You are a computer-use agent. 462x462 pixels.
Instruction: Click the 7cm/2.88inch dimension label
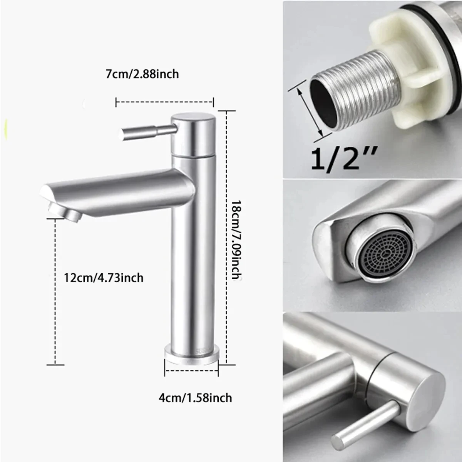(142, 74)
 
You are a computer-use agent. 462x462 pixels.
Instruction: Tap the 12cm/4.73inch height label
(104, 277)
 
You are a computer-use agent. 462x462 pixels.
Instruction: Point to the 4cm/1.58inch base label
(195, 397)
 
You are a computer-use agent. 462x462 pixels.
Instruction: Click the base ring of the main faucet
(191, 353)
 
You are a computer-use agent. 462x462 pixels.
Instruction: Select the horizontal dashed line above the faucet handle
(165, 102)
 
